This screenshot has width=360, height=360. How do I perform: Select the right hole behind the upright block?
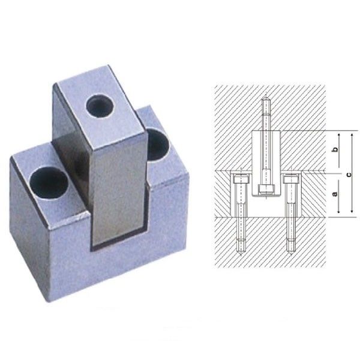tap(157, 142)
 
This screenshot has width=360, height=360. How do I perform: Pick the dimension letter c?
tap(349, 173)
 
